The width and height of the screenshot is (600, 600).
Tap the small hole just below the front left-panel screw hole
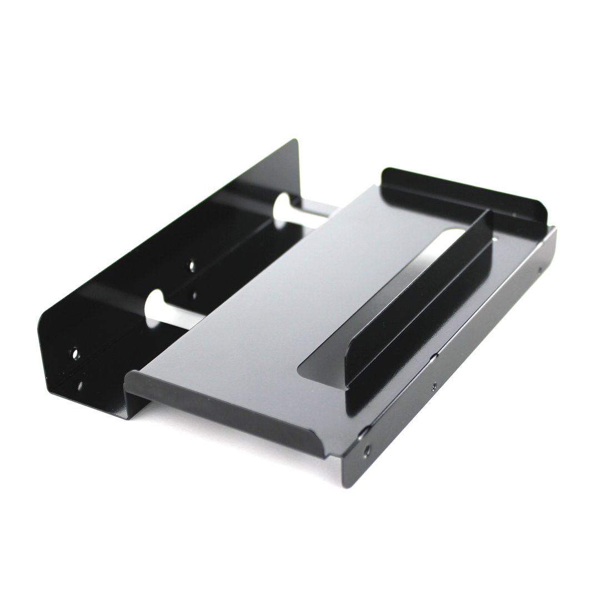[80, 385]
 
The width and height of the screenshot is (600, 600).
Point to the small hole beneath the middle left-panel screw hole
[194, 295]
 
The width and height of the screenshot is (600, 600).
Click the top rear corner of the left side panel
[296, 141]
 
